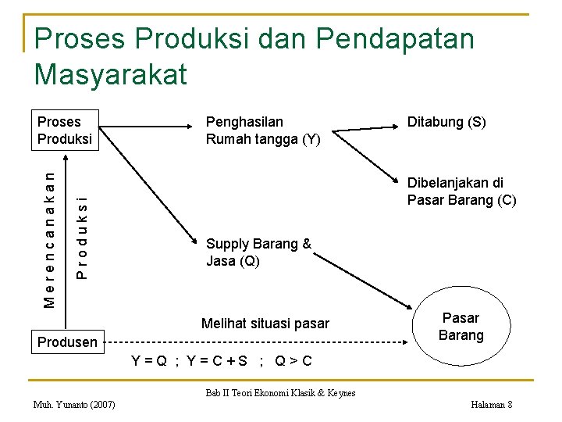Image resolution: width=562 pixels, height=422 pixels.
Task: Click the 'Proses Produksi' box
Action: click(x=66, y=130)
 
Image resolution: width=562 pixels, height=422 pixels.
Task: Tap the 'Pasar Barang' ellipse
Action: click(x=461, y=327)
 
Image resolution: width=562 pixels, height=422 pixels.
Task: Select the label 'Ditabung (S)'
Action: click(x=446, y=122)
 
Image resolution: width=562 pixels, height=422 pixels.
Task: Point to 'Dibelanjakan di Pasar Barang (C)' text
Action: click(x=461, y=191)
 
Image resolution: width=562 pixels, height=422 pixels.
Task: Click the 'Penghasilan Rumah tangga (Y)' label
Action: click(x=262, y=131)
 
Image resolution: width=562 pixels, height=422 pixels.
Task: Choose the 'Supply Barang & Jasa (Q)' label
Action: click(x=258, y=252)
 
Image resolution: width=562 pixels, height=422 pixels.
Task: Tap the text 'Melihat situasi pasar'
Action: click(x=265, y=324)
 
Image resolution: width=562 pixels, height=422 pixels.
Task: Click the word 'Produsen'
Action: click(x=68, y=342)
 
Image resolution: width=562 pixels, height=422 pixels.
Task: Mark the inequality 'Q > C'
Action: click(x=294, y=361)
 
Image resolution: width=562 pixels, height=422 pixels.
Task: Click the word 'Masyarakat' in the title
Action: click(x=111, y=74)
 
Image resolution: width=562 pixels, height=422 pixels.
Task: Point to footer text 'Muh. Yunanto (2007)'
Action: click(x=75, y=405)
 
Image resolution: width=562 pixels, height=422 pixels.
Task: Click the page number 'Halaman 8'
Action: click(x=492, y=405)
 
